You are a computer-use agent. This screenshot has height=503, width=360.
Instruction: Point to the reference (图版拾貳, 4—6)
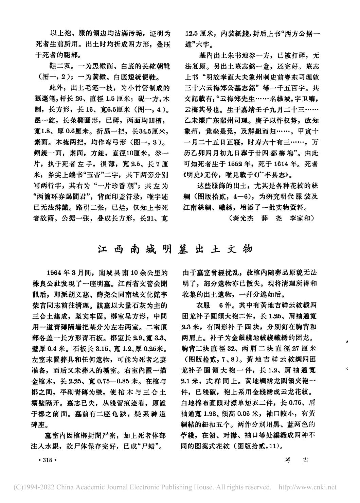220,196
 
